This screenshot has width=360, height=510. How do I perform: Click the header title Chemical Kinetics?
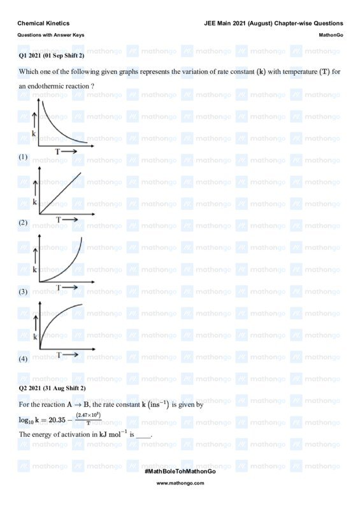(x=43, y=23)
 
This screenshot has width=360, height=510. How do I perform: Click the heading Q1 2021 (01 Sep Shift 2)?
(x=52, y=56)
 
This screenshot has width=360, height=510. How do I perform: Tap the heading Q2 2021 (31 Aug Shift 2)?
(x=52, y=388)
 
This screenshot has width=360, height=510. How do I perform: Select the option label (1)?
(x=23, y=156)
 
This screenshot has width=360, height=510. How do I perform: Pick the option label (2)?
(x=23, y=223)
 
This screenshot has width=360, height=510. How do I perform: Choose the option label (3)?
(x=23, y=291)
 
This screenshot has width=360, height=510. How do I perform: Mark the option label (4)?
(x=23, y=359)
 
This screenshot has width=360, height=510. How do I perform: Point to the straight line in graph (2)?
(x=61, y=193)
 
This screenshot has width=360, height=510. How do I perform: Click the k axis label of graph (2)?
(x=34, y=202)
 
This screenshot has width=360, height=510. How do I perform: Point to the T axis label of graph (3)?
(x=58, y=288)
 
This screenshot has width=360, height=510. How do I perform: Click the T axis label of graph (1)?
(x=58, y=152)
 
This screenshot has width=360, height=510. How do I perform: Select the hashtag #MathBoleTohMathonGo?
(x=180, y=470)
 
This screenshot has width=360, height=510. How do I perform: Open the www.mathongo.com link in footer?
(x=180, y=483)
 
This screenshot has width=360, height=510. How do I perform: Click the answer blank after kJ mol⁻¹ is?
(x=144, y=435)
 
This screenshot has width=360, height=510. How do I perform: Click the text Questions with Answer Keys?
(x=50, y=35)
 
